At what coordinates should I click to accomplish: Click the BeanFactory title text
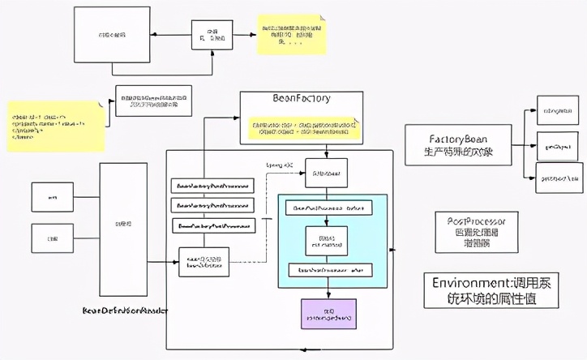click(302, 99)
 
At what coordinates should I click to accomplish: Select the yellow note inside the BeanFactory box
click(302, 127)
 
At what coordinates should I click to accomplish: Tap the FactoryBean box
click(458, 144)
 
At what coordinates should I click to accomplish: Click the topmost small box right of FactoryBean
click(559, 109)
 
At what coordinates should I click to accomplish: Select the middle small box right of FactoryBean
click(559, 146)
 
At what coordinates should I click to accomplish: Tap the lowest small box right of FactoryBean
click(559, 178)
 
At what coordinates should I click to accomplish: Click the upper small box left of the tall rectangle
click(52, 197)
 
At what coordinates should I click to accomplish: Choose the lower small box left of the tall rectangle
click(52, 238)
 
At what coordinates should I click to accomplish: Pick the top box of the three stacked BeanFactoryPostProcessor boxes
click(212, 185)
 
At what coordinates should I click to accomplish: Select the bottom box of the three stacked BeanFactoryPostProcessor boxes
click(212, 225)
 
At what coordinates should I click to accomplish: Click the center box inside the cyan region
click(327, 239)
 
